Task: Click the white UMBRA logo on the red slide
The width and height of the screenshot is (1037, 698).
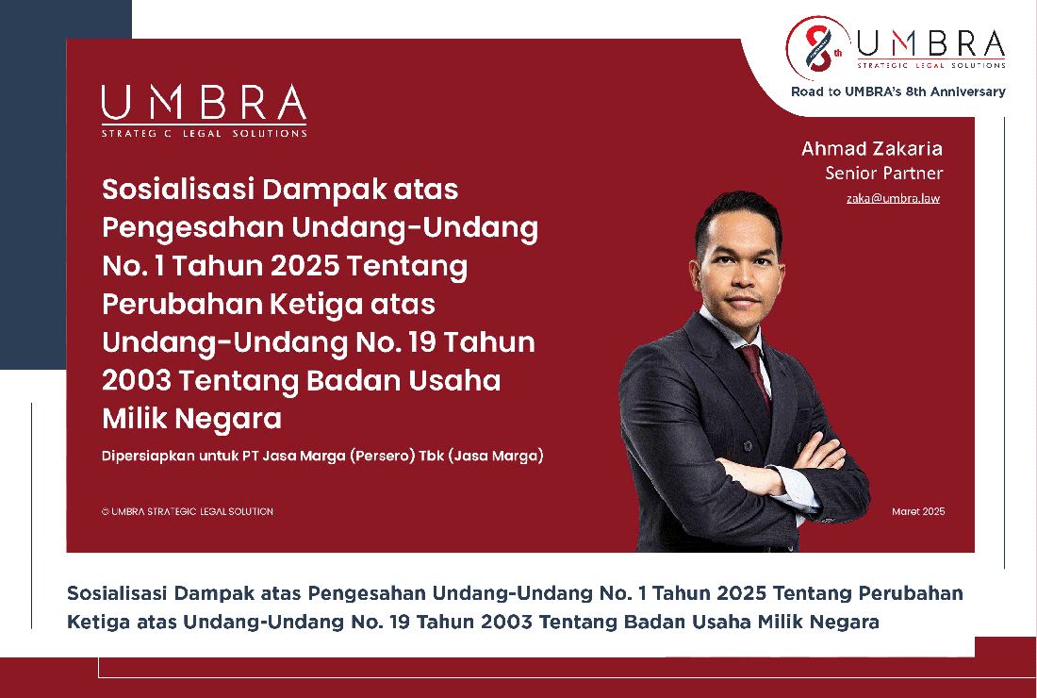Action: tap(204, 110)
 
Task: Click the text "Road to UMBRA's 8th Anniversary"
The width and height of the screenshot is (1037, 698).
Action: tap(898, 91)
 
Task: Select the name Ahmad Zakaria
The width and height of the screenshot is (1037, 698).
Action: tap(872, 148)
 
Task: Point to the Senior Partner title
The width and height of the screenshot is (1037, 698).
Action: tap(883, 173)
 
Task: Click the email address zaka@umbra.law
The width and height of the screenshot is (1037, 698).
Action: tap(893, 198)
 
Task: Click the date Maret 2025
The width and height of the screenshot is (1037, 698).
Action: tap(918, 511)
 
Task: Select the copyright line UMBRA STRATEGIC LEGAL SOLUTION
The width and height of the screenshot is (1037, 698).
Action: tap(188, 511)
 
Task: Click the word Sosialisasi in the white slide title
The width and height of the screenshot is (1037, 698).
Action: tap(178, 190)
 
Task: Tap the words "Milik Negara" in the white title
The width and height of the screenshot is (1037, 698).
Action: tap(191, 419)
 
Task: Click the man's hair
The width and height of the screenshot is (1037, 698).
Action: tap(737, 211)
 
